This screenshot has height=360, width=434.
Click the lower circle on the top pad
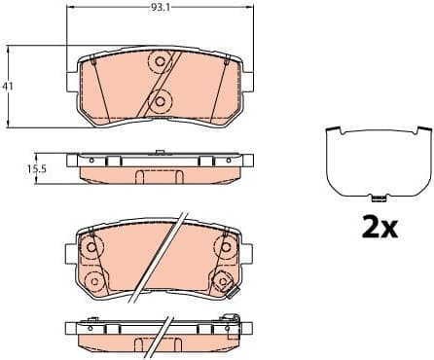[x=162, y=98]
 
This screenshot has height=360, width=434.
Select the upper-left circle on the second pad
[x=92, y=247]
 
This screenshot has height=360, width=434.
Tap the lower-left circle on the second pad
[x=94, y=282]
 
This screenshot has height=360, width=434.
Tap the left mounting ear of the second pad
[x=71, y=255]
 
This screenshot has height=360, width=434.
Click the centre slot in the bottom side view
[x=158, y=344]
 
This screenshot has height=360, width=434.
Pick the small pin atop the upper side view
[x=159, y=151]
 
